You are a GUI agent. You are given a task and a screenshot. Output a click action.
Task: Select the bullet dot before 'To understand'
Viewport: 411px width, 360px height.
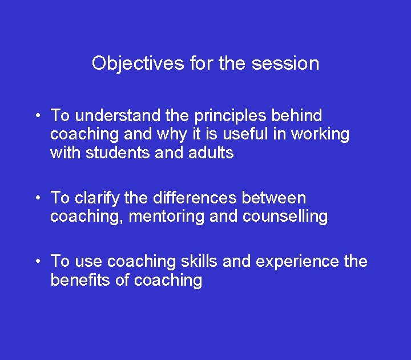coord(36,117)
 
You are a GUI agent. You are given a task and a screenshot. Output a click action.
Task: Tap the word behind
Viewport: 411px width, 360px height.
coord(297,115)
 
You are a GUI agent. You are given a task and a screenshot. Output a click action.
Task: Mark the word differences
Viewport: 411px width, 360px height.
coord(194,198)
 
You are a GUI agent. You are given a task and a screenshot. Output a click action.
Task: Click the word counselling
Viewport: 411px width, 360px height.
coord(285,217)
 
